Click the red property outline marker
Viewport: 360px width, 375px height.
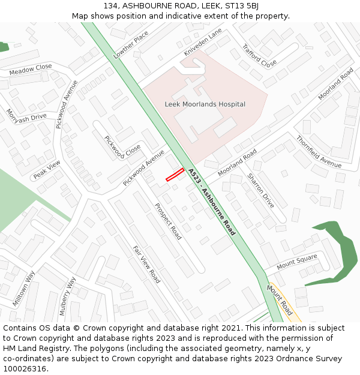coord(175,174)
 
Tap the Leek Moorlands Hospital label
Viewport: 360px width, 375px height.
coord(205,104)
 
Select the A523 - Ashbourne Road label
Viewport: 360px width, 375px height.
coord(211,202)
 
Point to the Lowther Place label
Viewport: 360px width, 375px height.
coord(130,45)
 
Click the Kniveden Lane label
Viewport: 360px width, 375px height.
coord(203,41)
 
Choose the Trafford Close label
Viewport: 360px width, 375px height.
coord(259,55)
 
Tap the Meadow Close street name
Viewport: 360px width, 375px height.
coord(30,70)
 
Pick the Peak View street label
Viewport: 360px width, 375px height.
coord(47,170)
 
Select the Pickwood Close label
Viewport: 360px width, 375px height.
coord(122,148)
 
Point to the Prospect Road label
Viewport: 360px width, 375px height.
coord(167,221)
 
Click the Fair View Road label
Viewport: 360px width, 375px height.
coord(146,265)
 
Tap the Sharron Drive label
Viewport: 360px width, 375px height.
coord(260,191)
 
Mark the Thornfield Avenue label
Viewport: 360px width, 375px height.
coord(318,151)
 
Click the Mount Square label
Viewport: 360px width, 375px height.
coord(296,262)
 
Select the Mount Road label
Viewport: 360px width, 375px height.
coord(279,300)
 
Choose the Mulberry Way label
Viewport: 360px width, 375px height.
coord(67,295)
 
